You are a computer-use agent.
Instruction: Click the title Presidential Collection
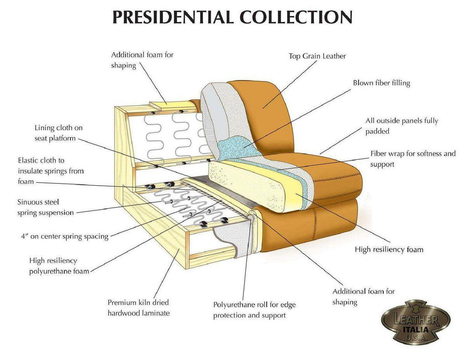(x=232, y=17)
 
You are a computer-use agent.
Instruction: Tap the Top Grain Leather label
(x=317, y=56)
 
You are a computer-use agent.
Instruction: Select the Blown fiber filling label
(x=381, y=83)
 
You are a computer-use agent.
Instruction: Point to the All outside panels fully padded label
(x=401, y=126)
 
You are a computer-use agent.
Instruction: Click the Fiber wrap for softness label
(x=412, y=158)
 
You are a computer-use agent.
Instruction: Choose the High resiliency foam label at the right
(x=389, y=249)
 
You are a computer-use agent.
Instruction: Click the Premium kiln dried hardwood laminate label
(x=138, y=307)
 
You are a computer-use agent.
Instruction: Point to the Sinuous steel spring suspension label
(x=45, y=207)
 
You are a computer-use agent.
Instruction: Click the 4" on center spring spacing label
(x=65, y=236)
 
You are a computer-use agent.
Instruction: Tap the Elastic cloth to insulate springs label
(x=51, y=171)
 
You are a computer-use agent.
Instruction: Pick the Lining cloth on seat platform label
(x=58, y=133)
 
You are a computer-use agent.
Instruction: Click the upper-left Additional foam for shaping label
(x=142, y=60)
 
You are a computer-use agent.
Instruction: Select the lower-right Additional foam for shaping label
(x=363, y=296)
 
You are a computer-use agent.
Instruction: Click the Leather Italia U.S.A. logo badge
(x=415, y=321)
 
